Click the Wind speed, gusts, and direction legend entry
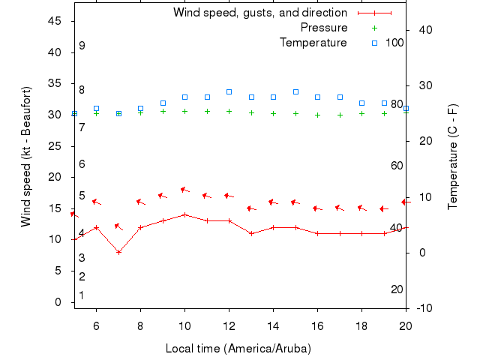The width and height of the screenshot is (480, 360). coord(260,13)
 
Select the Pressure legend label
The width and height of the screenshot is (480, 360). coord(324,28)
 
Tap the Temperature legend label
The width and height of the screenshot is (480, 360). coord(313,43)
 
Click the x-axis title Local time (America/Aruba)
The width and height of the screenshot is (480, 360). coord(238,349)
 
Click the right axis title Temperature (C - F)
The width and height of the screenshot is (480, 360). coord(453,156)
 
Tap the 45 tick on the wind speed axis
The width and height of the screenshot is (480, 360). coord(55,21)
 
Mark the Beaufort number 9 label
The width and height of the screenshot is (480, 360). coord(82,46)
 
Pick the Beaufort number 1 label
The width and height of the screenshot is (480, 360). coord(82,295)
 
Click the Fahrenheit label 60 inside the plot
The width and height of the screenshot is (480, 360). coord(397,166)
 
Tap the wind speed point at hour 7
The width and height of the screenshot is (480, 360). coord(118,252)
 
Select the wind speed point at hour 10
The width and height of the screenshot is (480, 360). coord(184,214)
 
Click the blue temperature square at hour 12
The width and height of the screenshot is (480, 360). coord(229,91)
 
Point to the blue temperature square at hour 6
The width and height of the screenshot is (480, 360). coord(96,109)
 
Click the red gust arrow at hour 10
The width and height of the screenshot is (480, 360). coord(184,190)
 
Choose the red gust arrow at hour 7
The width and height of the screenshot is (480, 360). coord(118,226)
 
